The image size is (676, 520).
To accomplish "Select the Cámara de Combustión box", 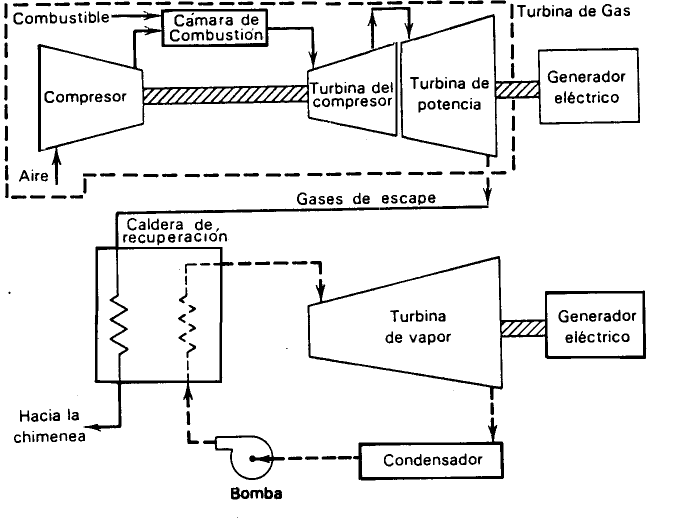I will point(214,28).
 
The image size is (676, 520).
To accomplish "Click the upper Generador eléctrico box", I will point(588,86).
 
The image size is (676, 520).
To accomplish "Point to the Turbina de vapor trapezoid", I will point(405,325).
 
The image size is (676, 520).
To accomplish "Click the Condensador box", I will point(431,460).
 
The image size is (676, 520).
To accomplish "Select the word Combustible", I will point(60,18).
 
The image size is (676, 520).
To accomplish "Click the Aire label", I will point(33,176).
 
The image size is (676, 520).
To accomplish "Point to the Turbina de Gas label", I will point(573,11).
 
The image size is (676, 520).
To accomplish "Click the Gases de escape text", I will point(366,198).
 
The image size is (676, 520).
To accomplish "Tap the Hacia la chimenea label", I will point(49,426).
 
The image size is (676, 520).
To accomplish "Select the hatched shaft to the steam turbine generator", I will point(522,328).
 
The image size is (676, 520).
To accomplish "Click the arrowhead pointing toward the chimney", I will point(90,427).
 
